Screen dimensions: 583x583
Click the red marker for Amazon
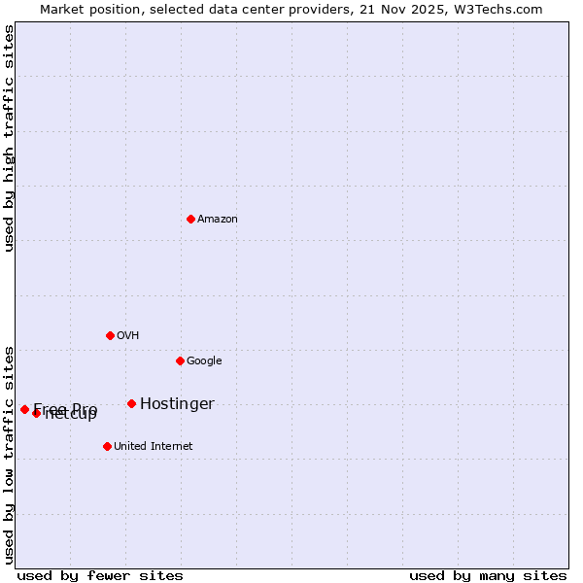tap(190, 219)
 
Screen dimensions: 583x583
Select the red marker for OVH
tap(110, 335)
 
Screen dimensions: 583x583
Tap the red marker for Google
tap(180, 360)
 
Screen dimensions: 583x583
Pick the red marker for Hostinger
tap(131, 403)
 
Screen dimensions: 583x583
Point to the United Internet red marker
tap(107, 446)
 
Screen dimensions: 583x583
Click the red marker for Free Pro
tap(24, 409)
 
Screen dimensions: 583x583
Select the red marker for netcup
tap(36, 413)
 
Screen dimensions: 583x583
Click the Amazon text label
tap(218, 220)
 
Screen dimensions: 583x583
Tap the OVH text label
tap(128, 336)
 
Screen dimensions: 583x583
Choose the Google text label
tap(204, 361)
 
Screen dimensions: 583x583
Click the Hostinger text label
tap(177, 404)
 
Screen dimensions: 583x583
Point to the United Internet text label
tap(154, 447)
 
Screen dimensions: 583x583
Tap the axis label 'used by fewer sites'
tap(100, 575)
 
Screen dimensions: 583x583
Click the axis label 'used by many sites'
tap(488, 575)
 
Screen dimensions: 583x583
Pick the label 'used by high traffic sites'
tap(10, 138)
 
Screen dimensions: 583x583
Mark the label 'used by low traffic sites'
tap(10, 455)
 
